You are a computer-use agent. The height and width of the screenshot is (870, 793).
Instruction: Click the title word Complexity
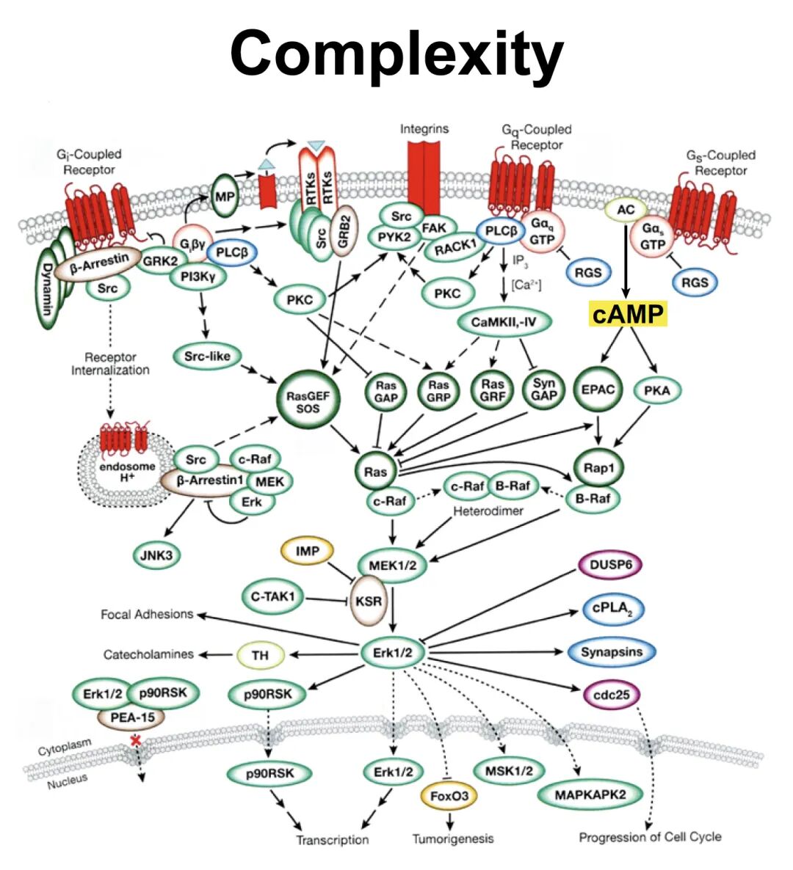point(396,53)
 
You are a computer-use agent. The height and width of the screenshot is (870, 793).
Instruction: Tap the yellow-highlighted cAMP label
point(628,315)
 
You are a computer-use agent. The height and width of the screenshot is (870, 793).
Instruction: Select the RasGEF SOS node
point(308,401)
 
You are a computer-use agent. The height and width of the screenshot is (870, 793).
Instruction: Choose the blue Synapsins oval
point(611,651)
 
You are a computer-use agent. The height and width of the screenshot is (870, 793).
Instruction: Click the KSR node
point(368,601)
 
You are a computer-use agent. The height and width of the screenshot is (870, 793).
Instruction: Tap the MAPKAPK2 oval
point(590,794)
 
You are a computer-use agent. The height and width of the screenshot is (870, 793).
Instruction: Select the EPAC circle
point(598,390)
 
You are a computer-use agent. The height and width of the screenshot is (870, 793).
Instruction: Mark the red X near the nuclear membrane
point(136,741)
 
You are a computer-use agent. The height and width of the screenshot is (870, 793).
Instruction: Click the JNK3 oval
point(156,555)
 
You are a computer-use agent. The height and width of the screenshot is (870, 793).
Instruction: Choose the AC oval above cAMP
point(626,211)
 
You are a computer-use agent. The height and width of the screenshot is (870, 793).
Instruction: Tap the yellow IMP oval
point(307,551)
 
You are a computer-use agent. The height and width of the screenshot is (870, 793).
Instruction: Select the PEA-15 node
point(133,717)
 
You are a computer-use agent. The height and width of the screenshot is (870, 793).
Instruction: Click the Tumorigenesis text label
point(452,838)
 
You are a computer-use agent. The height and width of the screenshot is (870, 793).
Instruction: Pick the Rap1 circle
point(598,469)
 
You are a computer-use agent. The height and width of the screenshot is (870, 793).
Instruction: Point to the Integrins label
point(424,129)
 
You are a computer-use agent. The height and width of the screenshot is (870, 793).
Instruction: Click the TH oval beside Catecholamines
point(260,655)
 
